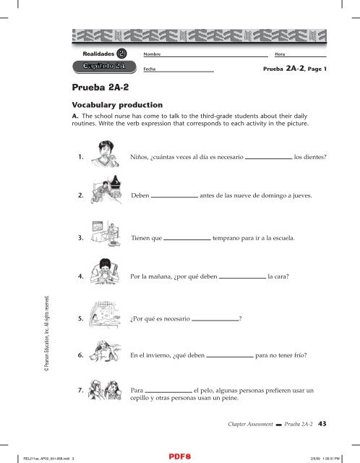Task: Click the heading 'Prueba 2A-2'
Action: [103, 88]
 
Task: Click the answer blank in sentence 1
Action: [268, 155]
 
